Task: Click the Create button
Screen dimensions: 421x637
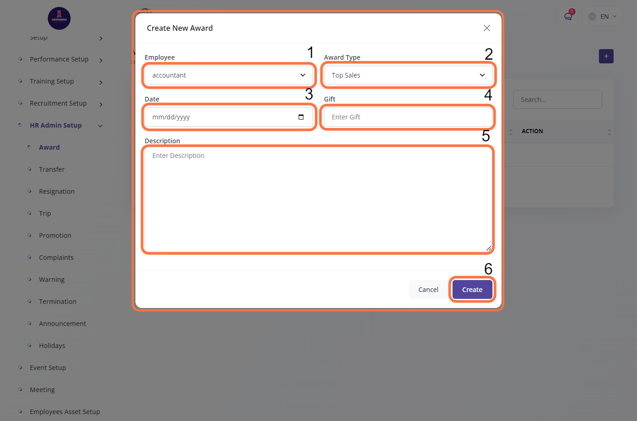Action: point(472,290)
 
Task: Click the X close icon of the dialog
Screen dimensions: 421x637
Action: point(487,28)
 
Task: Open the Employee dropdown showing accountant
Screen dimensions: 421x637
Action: point(229,75)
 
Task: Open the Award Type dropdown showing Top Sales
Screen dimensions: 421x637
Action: point(408,75)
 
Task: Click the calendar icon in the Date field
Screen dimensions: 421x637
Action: point(301,117)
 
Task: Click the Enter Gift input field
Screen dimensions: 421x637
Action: point(408,117)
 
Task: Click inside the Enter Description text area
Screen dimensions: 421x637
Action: point(318,199)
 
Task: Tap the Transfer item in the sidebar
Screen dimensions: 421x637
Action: point(52,169)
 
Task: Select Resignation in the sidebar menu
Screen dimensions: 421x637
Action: point(56,191)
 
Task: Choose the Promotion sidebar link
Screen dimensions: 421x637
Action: point(55,236)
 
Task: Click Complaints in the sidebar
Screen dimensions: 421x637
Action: point(56,258)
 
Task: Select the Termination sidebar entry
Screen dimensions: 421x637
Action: point(57,302)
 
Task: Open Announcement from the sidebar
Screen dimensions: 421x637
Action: point(62,324)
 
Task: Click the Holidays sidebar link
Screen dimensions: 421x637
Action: point(52,346)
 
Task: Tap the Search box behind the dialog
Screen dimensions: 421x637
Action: point(557,100)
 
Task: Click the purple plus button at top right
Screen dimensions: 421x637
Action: point(606,56)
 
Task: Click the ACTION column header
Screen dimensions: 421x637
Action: point(532,131)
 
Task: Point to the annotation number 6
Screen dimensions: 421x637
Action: point(488,269)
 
